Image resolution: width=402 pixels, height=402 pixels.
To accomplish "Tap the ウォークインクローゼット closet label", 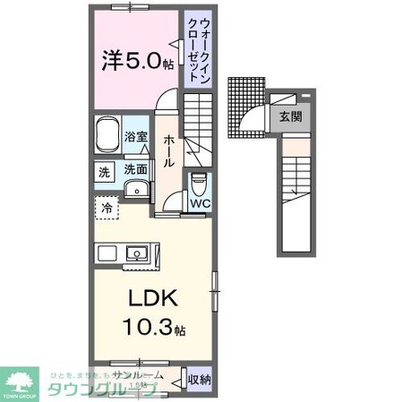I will (196, 50).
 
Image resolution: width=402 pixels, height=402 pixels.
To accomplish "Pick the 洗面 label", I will (135, 168).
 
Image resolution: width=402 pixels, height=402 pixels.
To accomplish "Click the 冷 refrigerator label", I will (107, 207).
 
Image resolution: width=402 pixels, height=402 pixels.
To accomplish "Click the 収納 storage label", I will (200, 380).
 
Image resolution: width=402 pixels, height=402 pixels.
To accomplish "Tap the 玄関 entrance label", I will (289, 115).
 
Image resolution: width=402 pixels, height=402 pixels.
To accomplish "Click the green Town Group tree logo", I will (22, 381).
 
